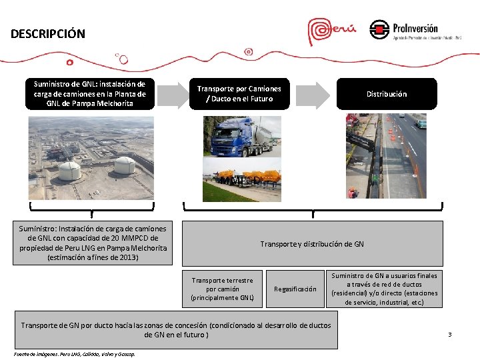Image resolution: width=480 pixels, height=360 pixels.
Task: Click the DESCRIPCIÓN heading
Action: [x=48, y=34]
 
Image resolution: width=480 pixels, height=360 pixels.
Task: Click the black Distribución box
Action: [x=386, y=94]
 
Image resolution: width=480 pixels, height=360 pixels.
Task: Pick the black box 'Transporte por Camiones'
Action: [x=239, y=94]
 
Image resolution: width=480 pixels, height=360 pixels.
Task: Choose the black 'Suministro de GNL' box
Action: [x=90, y=94]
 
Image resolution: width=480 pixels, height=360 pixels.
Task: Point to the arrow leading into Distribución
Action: [x=313, y=94]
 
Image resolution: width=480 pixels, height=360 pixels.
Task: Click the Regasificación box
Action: [x=295, y=289]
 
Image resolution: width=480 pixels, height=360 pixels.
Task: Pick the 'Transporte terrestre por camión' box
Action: [x=222, y=289]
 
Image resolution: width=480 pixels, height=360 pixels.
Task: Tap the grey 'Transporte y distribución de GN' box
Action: [x=312, y=244]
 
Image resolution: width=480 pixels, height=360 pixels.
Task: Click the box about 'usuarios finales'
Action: [x=384, y=289]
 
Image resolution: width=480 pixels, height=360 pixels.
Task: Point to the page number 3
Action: [x=449, y=334]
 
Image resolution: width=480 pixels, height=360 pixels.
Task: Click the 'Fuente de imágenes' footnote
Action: [x=74, y=354]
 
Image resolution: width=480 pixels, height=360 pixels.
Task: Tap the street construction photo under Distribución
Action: [x=386, y=156]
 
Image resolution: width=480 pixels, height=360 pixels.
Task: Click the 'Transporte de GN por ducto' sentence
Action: [x=175, y=329]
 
